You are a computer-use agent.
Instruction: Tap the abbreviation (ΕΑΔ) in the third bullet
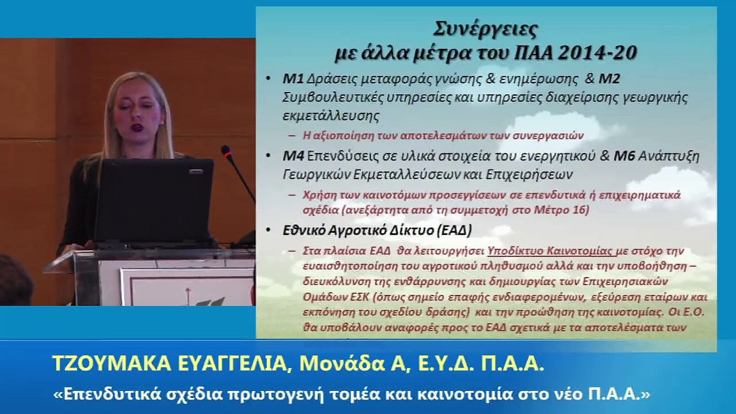(x=453, y=231)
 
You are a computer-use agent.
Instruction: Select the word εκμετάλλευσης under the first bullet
(x=331, y=115)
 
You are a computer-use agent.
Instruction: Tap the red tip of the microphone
(x=225, y=151)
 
